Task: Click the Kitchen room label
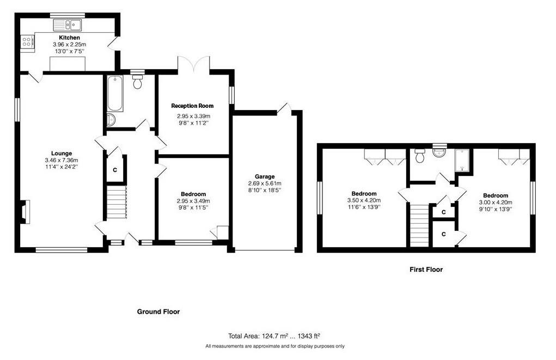tap(69, 38)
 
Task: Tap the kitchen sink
tap(68, 25)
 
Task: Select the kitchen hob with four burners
tap(27, 42)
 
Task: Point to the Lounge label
tap(62, 153)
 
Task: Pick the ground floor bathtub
tap(115, 93)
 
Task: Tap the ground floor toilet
tap(137, 81)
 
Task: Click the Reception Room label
tap(192, 106)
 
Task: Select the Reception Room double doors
tap(194, 65)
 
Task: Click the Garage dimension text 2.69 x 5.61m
tap(265, 184)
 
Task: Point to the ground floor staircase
tap(117, 203)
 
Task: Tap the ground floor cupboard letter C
tap(115, 170)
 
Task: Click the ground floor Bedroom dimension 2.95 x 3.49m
tap(193, 201)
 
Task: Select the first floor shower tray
tap(462, 161)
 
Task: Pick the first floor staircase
tap(420, 224)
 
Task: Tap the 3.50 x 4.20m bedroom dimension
tap(364, 200)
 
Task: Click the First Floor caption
tap(426, 270)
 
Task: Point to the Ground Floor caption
tap(158, 312)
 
